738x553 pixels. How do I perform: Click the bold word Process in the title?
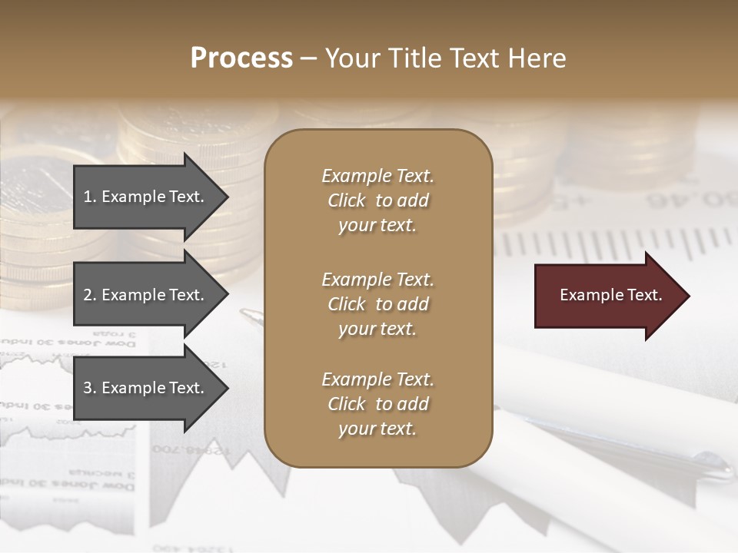point(241,58)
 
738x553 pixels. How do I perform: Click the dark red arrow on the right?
point(607,295)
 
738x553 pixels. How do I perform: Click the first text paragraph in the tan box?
point(377,200)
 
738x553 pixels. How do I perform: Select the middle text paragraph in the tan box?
point(377,303)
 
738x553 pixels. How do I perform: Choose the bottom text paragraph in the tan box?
point(377,404)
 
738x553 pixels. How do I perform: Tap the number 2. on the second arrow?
point(90,295)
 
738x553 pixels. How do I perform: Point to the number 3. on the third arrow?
point(90,388)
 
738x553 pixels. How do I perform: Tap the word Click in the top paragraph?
point(347,200)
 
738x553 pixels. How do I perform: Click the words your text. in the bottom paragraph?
point(377,429)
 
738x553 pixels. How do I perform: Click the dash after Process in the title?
point(309,58)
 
